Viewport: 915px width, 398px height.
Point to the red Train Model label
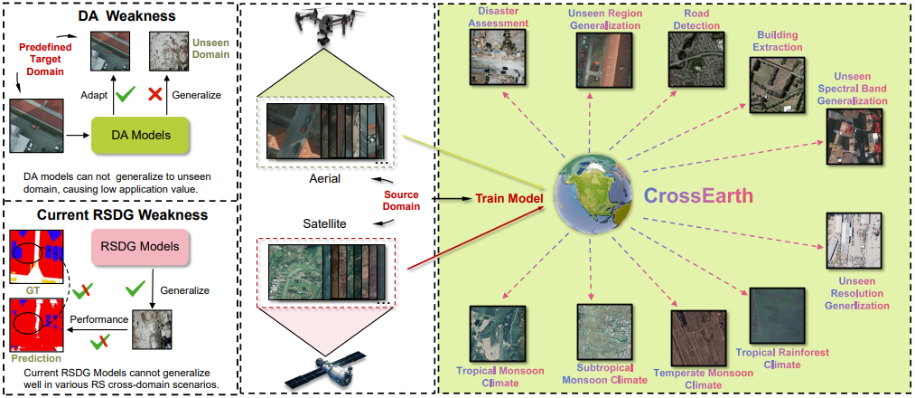(x=508, y=197)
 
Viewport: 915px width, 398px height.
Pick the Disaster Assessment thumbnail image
(x=494, y=61)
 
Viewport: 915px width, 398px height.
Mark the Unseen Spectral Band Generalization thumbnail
(x=854, y=138)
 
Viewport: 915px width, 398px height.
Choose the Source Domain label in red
(x=402, y=201)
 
